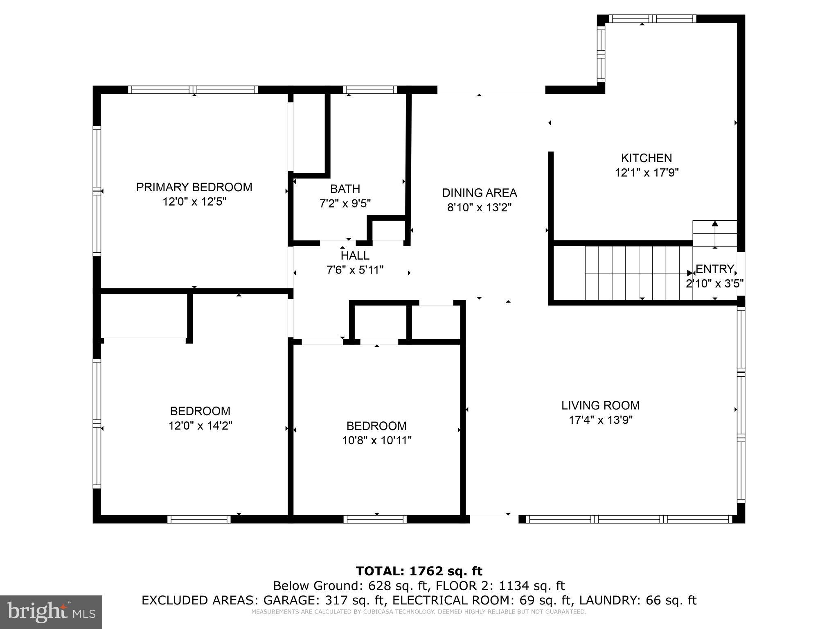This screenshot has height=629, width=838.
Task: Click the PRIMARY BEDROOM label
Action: pos(194,187)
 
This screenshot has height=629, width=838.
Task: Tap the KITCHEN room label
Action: pos(647,158)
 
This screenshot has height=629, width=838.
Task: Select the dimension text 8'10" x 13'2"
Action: pos(480,208)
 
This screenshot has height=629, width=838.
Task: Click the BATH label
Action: pos(345,189)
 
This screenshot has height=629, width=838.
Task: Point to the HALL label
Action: pos(355,256)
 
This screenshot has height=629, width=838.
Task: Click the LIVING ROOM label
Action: pos(600,405)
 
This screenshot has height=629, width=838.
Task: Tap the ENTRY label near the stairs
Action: pos(714,269)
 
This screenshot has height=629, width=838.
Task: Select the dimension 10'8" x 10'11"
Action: pos(376,441)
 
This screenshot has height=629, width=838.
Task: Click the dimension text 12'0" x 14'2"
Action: pos(200,426)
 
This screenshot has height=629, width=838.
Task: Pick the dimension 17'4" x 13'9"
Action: pos(601,420)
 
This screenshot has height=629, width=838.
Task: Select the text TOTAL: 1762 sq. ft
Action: pos(419,571)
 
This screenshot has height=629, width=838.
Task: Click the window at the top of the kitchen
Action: pos(652,19)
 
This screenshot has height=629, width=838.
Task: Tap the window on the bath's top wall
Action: pos(369,90)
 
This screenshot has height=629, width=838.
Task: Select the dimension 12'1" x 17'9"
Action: pos(647,173)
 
